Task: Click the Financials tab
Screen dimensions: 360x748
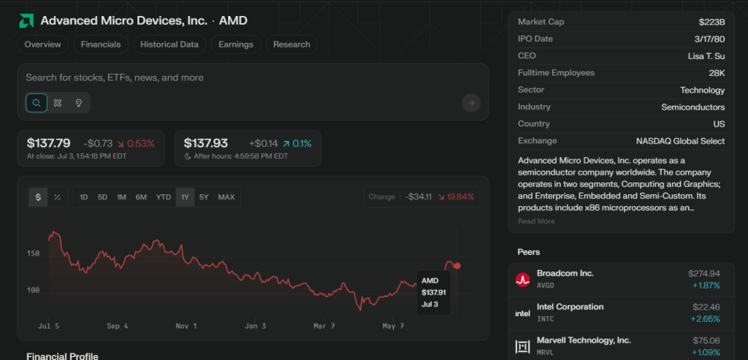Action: tap(101, 45)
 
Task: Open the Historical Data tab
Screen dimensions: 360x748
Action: tap(169, 45)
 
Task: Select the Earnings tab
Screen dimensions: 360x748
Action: tap(235, 45)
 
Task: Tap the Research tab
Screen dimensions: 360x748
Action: tap(291, 45)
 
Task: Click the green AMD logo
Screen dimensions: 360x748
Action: tap(26, 20)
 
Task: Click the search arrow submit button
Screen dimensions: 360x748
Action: tap(471, 103)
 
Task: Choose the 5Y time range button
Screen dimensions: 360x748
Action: tap(204, 197)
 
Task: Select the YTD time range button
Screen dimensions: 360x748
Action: tap(163, 197)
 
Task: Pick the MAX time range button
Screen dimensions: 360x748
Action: tap(226, 197)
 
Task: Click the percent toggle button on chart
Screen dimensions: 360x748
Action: tap(57, 197)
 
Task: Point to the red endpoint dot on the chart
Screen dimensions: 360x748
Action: tap(457, 266)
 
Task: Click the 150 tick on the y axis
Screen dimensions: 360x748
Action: tap(33, 253)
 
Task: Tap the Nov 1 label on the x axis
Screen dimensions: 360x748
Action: tap(186, 326)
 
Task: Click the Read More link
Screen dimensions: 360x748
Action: tap(536, 221)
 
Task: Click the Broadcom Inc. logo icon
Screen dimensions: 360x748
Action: tap(522, 279)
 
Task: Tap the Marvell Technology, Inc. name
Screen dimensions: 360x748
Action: tap(584, 340)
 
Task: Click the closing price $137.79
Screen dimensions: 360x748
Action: tap(49, 143)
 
